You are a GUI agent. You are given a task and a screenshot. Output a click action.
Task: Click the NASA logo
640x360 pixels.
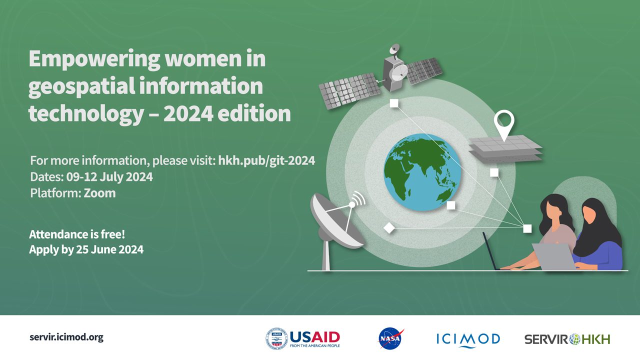(x=391, y=339)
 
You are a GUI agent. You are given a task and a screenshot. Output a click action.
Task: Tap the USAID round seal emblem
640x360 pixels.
(x=276, y=339)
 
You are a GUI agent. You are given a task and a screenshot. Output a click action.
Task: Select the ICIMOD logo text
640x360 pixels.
(x=468, y=339)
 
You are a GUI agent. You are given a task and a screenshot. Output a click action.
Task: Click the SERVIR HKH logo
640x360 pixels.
(x=567, y=339)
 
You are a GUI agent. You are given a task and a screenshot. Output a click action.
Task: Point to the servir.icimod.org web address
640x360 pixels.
(x=66, y=337)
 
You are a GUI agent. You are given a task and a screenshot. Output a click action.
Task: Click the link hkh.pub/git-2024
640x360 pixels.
(x=266, y=160)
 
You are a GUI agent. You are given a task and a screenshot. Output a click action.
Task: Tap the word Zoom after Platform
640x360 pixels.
(x=99, y=193)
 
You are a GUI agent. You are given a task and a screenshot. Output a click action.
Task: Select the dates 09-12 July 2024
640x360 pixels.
(x=109, y=177)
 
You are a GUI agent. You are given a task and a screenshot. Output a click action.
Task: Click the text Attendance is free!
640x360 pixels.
(x=77, y=234)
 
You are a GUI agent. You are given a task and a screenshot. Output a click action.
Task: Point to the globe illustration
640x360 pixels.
(x=422, y=172)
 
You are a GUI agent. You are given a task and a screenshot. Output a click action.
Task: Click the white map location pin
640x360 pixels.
(x=504, y=125)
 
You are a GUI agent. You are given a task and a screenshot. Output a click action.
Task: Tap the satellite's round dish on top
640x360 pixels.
(x=394, y=49)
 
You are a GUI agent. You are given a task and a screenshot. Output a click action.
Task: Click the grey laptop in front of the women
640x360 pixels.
(x=553, y=256)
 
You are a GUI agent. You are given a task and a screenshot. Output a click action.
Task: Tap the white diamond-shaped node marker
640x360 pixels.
(x=389, y=228)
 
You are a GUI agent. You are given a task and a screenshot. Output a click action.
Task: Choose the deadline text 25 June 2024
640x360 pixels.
(x=109, y=249)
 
